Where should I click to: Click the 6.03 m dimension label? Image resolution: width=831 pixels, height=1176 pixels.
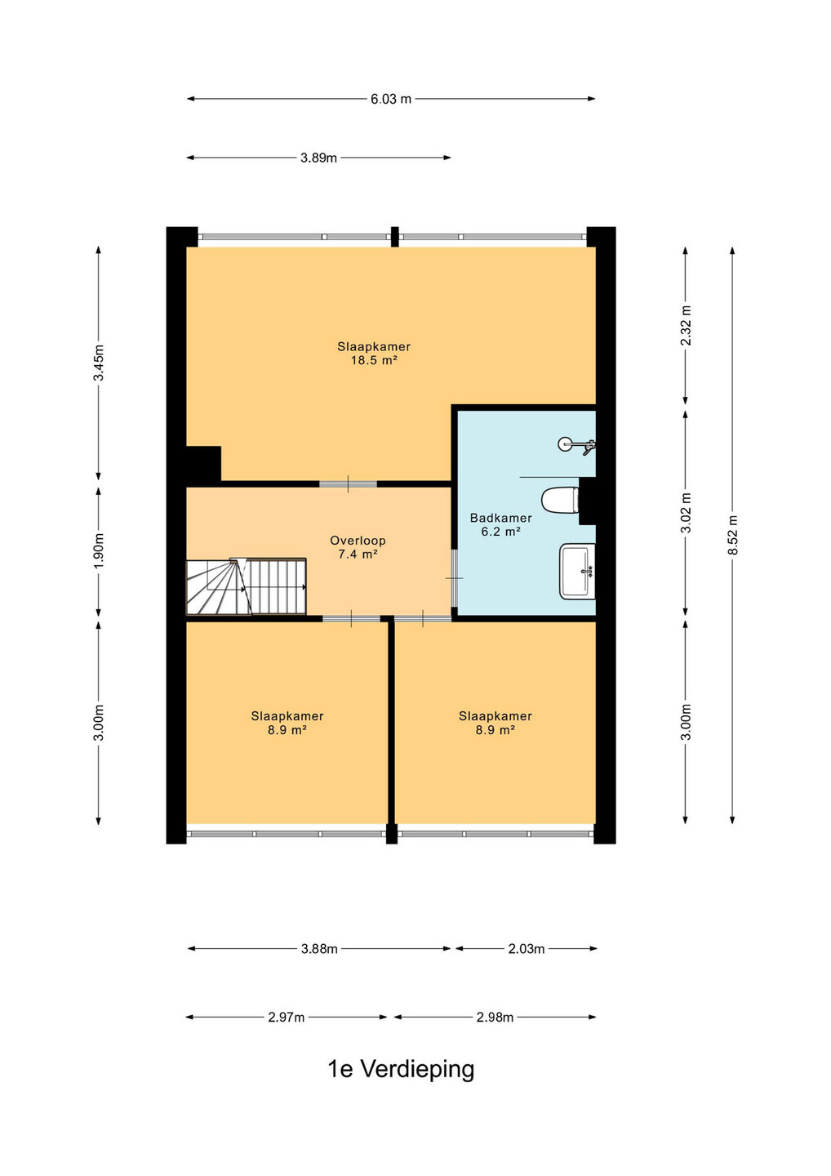point(391,99)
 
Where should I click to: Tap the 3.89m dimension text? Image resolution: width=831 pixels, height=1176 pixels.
point(318,158)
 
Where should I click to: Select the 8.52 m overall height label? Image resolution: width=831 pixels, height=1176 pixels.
point(732,535)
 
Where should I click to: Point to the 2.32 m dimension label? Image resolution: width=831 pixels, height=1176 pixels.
point(685,325)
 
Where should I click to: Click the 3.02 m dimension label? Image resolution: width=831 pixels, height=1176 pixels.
point(685,513)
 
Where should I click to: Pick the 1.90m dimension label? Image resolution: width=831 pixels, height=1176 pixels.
point(99,550)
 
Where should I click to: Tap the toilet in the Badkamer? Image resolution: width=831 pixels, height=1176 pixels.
point(560,501)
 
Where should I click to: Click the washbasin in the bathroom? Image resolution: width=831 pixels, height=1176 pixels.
point(577,571)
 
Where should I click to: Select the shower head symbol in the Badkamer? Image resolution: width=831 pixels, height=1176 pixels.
point(576,445)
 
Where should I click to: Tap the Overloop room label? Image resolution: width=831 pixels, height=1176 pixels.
point(358,541)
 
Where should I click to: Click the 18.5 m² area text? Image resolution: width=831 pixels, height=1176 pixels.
point(374,360)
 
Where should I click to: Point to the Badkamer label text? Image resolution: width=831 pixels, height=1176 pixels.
point(501,518)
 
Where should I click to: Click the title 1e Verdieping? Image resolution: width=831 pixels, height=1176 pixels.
point(401,1069)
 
